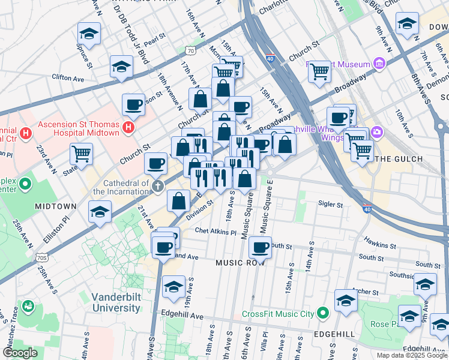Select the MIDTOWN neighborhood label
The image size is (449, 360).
55,206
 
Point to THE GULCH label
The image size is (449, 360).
398,159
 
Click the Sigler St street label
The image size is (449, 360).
331,205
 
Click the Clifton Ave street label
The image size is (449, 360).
68,78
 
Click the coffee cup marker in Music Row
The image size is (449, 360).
260,247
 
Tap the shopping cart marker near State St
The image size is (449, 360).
81,153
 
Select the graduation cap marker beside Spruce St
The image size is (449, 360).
89,35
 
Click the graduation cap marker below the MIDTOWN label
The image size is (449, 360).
100,212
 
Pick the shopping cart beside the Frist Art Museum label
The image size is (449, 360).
319,71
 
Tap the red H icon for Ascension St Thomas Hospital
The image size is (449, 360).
128,127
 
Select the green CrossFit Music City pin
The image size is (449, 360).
323,314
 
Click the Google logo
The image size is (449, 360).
20,353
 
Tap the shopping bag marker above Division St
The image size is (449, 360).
179,200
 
